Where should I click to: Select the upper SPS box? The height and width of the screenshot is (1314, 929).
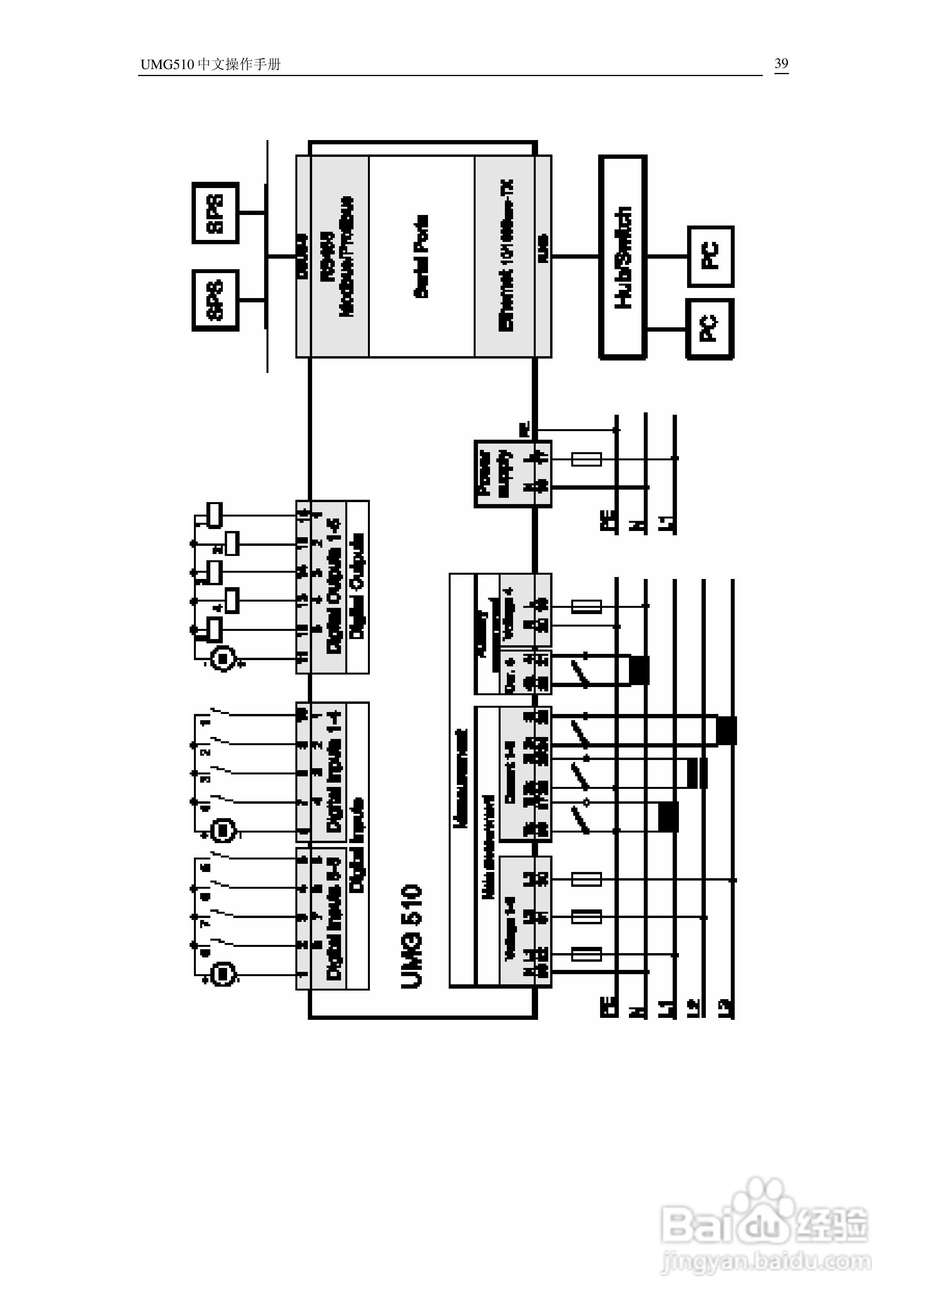[x=215, y=213]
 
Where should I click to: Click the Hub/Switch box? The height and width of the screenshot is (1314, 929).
[x=623, y=257]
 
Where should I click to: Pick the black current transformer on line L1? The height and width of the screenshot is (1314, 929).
[x=668, y=817]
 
